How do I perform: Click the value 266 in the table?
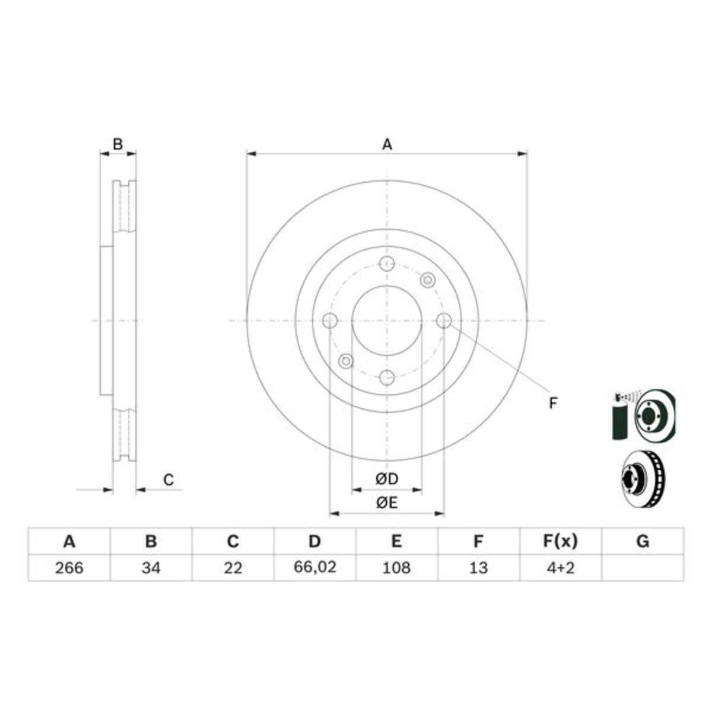pyautogui.click(x=69, y=568)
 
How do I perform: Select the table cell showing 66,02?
pyautogui.click(x=315, y=567)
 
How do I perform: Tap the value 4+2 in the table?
pyautogui.click(x=560, y=568)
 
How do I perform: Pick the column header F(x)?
pyautogui.click(x=560, y=541)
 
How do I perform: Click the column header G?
pyautogui.click(x=642, y=541)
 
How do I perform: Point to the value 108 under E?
pyautogui.click(x=396, y=568)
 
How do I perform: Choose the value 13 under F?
pyautogui.click(x=478, y=568)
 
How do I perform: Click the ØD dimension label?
pyautogui.click(x=386, y=478)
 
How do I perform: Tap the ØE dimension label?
pyautogui.click(x=386, y=503)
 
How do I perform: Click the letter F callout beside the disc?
pyautogui.click(x=552, y=403)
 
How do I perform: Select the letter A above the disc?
pyautogui.click(x=387, y=144)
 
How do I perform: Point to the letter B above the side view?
pyautogui.click(x=118, y=144)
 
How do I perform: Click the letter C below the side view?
pyautogui.click(x=169, y=479)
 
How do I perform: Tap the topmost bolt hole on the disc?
pyautogui.click(x=387, y=263)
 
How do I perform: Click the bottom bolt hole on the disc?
pyautogui.click(x=387, y=377)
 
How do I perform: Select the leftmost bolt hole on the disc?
pyautogui.click(x=330, y=320)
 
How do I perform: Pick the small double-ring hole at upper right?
pyautogui.click(x=427, y=280)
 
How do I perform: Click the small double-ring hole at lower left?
pyautogui.click(x=346, y=361)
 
